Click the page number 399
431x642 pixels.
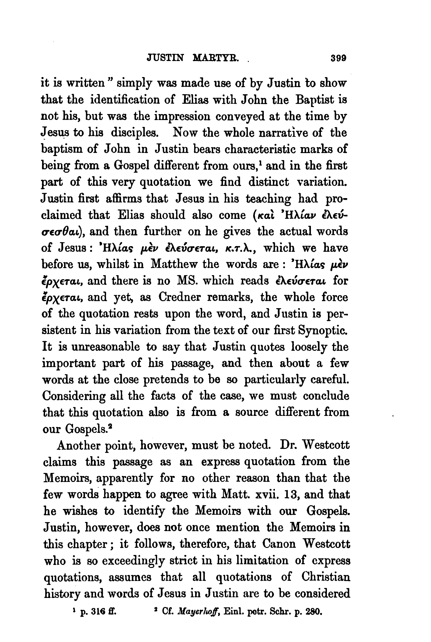tap(337, 57)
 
